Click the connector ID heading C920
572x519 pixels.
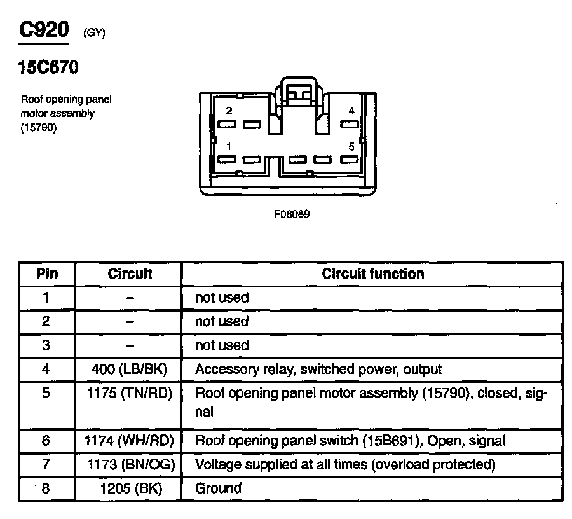43,31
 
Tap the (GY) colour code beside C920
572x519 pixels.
94,34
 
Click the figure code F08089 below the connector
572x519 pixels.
292,214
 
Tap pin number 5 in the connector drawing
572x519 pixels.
351,146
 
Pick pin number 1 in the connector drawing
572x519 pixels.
229,146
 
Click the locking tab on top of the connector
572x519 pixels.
298,92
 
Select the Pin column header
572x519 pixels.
46,273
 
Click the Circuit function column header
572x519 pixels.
372,273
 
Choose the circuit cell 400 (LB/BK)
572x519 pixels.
130,369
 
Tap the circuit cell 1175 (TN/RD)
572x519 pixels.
130,393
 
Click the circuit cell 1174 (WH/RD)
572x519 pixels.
130,440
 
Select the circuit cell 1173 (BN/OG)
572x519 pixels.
130,464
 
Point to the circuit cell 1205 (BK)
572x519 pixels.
130,488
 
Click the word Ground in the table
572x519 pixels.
218,488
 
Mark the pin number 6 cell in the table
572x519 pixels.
46,440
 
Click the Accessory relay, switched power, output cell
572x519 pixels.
318,369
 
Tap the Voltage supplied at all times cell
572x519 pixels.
344,464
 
